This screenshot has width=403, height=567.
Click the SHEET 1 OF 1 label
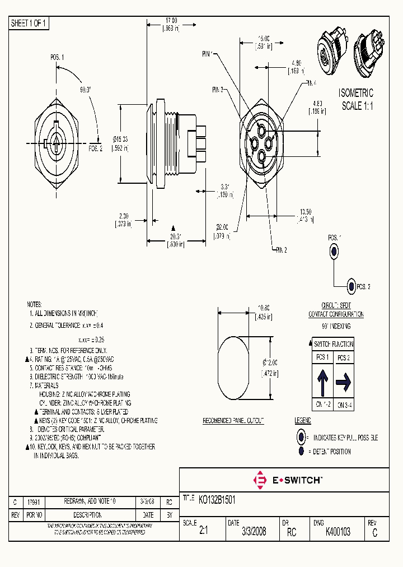29,24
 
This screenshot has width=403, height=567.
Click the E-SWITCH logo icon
260,480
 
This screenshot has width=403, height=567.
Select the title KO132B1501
217,500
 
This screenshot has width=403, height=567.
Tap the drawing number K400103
338,532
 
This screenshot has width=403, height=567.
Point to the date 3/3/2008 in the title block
254,532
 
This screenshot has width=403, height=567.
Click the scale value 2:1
203,532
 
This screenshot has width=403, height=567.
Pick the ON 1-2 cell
322,405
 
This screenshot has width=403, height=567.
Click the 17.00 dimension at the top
171,21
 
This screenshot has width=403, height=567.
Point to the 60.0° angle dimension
86,89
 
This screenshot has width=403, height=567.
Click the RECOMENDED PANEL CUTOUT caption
233,420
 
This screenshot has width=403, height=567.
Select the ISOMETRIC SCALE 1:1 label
357,100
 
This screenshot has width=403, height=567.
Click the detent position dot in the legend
301,451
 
